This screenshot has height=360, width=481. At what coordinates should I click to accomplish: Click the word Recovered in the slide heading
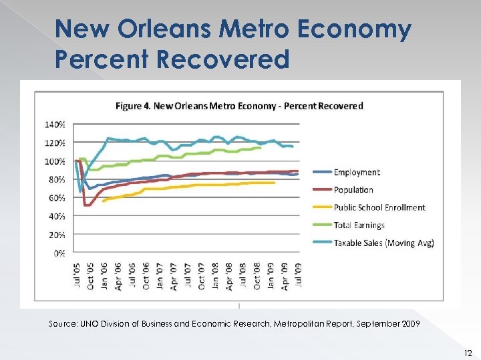coord(224,59)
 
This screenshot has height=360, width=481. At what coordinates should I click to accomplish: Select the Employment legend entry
coord(357,173)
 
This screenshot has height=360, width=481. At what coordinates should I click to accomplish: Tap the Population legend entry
coord(353,190)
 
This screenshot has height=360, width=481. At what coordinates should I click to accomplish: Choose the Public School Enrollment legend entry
coord(379,207)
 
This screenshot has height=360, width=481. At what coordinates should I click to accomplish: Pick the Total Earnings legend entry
coord(359,225)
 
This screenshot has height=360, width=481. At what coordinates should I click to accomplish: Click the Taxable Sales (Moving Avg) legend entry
coord(384,243)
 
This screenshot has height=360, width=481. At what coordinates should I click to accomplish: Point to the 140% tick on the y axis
coord(55,125)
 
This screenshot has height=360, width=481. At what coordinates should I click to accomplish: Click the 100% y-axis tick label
coord(55,161)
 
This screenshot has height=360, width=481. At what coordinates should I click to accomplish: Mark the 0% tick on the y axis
coord(59,253)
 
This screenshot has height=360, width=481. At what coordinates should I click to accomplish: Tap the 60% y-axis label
coord(57,198)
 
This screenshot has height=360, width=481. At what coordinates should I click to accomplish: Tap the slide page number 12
coord(468,353)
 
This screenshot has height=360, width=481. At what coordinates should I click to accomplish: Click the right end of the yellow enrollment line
coord(274,183)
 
